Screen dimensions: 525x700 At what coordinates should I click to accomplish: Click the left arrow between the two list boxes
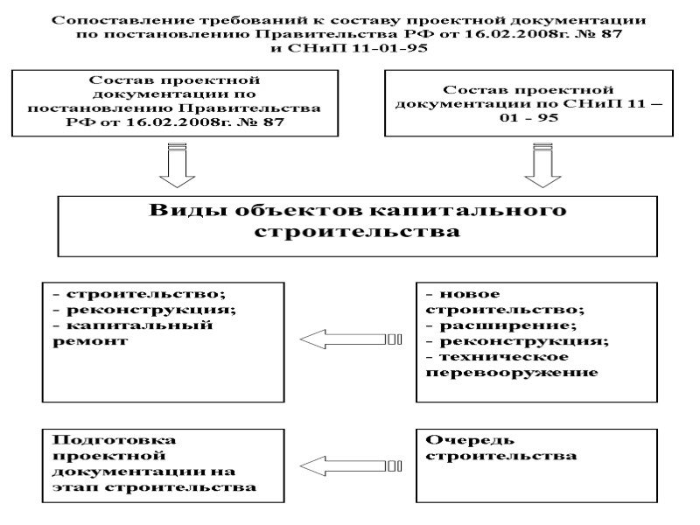pyautogui.click(x=350, y=339)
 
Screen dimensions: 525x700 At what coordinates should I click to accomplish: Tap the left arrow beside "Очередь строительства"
pyautogui.click(x=350, y=465)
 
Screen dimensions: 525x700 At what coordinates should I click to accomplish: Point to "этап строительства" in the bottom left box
pyautogui.click(x=156, y=487)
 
